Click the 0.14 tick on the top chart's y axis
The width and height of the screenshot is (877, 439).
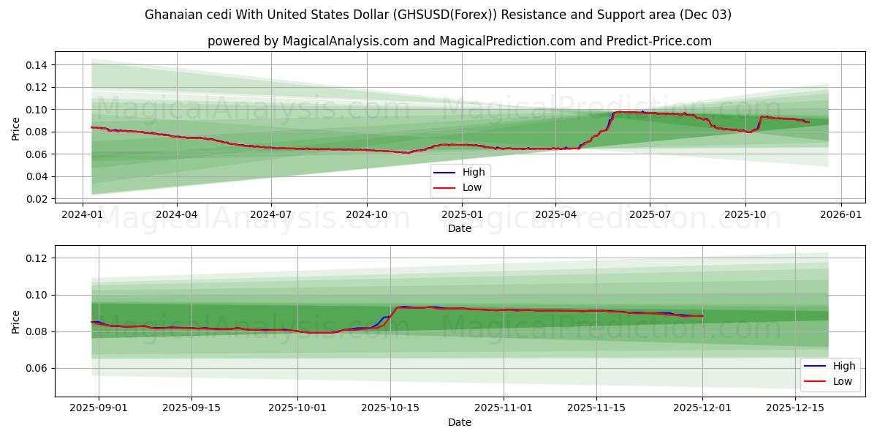click(x=37, y=65)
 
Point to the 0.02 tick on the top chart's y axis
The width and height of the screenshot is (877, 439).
click(x=37, y=199)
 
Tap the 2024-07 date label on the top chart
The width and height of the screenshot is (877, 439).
click(x=271, y=214)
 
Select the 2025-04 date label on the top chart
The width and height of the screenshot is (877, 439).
click(x=555, y=214)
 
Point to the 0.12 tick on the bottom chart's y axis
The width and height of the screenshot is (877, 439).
click(x=37, y=258)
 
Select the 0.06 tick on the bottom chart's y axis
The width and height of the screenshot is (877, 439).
click(x=37, y=368)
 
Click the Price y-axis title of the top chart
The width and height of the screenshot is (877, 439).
click(x=16, y=129)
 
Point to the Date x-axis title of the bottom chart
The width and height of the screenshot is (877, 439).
click(x=460, y=422)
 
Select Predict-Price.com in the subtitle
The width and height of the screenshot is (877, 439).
click(x=659, y=41)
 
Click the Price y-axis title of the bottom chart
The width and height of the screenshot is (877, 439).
click(x=16, y=322)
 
